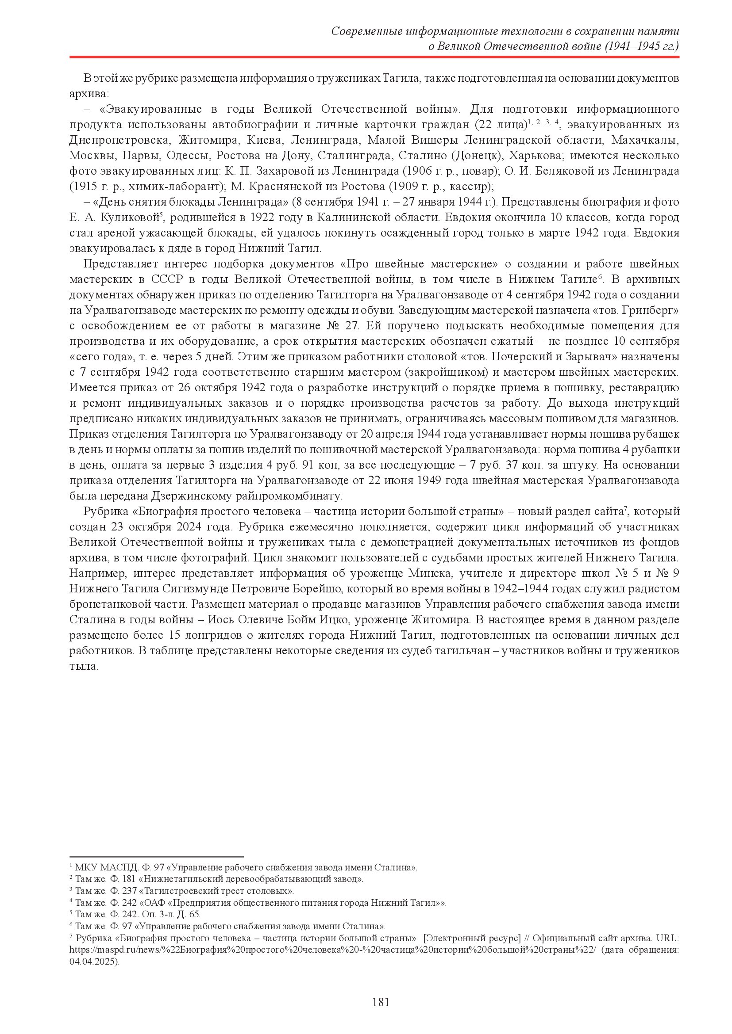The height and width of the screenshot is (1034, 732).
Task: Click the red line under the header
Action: point(374,57)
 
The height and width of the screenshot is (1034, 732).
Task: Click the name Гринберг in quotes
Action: point(650,310)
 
